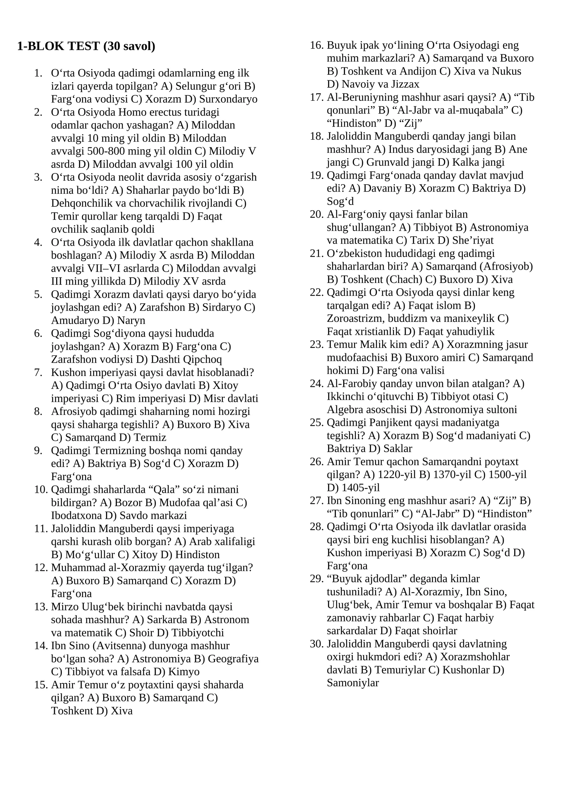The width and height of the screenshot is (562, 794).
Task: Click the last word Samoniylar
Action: (353, 683)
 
